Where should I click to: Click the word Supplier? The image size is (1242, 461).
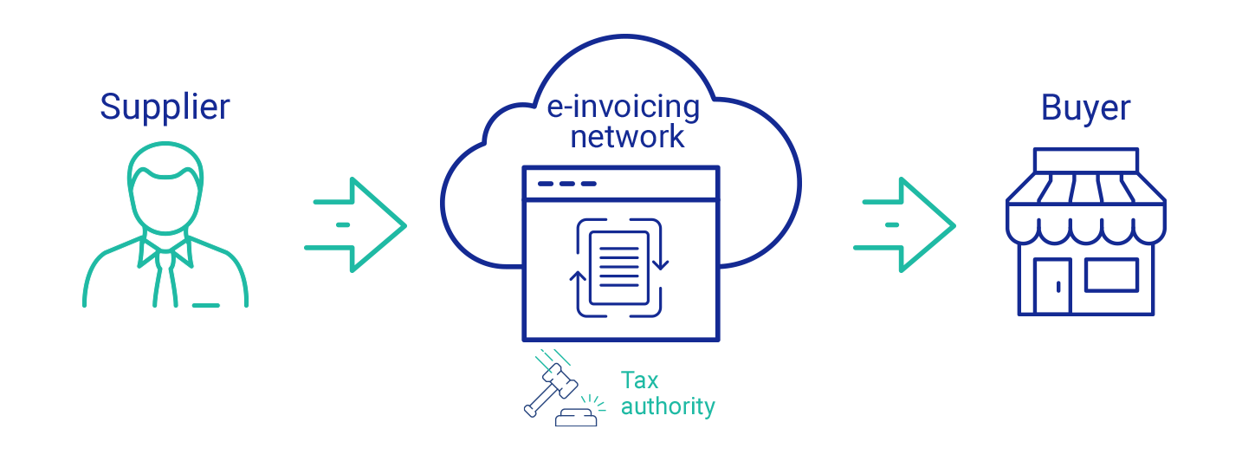165,107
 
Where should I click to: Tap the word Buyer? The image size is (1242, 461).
1086,108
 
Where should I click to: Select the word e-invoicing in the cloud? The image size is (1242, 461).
623,107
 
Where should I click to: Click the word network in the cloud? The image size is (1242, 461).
627,136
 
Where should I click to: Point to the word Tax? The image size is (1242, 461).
639,380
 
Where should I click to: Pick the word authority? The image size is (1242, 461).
668,406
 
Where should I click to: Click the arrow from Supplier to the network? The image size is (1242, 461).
356,224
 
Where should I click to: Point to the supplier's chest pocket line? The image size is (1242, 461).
205,305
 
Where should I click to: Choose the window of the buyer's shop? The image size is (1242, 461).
1111,276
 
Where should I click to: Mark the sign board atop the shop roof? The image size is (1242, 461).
1086,161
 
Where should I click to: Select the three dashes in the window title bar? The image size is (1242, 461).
566,184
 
